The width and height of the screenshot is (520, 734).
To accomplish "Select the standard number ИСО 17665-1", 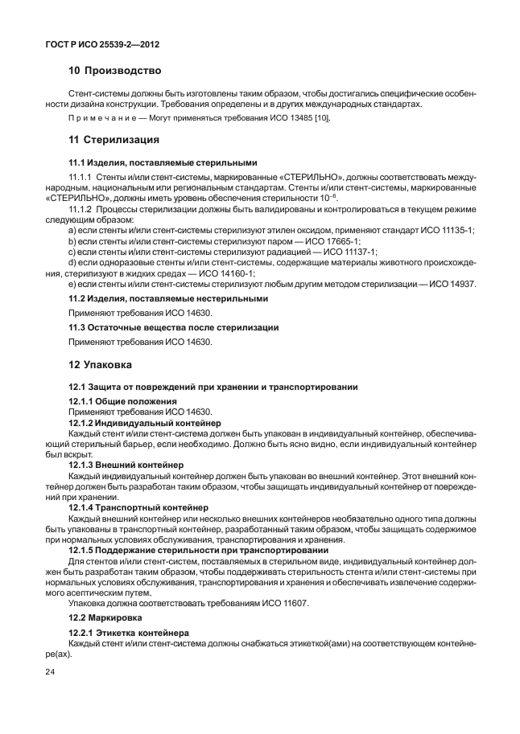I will click(x=330, y=241).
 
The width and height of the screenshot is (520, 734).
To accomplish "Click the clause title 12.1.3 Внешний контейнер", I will click(x=126, y=465).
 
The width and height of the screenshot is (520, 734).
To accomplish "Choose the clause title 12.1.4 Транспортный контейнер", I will click(x=138, y=507).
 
